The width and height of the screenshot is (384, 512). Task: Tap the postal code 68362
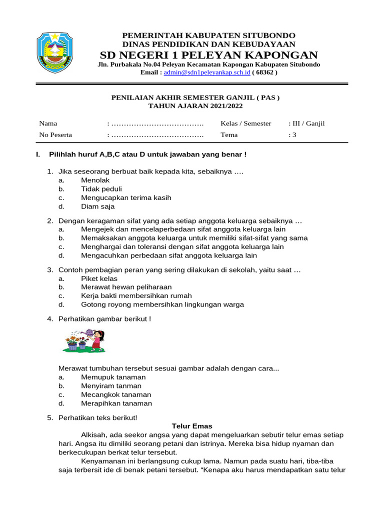tap(265, 72)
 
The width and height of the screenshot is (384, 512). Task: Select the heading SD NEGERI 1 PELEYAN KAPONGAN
tap(208, 55)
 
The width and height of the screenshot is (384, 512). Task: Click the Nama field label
tap(48, 123)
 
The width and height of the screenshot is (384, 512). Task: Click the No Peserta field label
tap(55, 134)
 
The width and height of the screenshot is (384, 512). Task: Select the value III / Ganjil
tap(307, 123)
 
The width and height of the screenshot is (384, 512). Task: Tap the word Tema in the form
tap(229, 134)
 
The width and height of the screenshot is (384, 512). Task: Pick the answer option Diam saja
tap(97, 206)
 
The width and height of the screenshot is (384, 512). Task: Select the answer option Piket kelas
tap(99, 278)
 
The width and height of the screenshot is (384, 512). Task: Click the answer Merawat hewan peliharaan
tap(126, 287)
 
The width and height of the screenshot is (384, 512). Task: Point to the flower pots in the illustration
tap(77, 344)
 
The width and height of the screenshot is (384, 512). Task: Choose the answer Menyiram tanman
tap(111, 386)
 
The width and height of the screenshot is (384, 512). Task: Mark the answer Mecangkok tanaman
tap(116, 394)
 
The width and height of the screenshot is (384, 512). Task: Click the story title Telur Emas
tap(192, 426)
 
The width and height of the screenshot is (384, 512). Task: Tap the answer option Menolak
tap(95, 180)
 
